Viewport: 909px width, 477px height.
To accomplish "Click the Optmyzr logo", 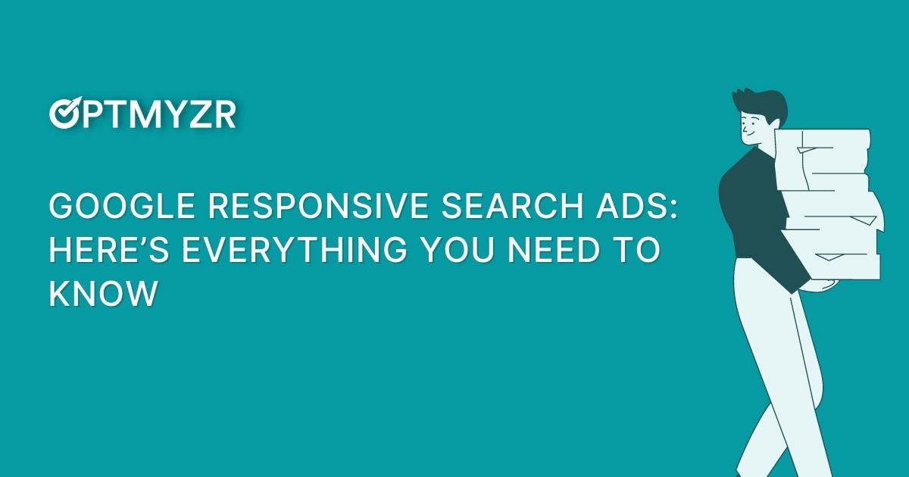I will [x=142, y=114].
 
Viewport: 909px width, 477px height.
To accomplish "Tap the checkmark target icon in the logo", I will [x=62, y=114].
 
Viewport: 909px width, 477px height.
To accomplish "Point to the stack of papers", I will [x=829, y=204].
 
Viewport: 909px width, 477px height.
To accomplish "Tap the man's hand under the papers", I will [x=818, y=285].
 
